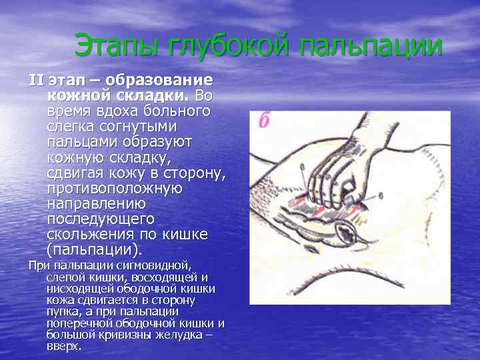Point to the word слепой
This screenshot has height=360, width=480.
tap(63, 277)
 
